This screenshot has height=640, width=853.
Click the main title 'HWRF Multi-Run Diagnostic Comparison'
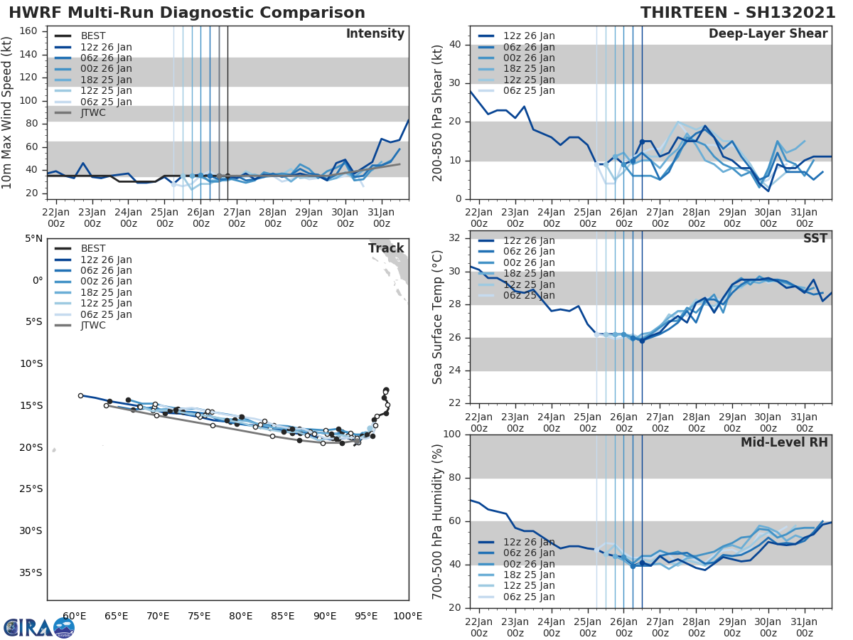coord(187,13)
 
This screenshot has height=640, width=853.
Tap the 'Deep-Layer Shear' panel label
coord(768,34)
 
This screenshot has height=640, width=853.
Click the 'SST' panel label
coord(815,239)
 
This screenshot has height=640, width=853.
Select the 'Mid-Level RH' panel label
coord(784,443)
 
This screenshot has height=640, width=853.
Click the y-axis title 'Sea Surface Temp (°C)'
coord(438,316)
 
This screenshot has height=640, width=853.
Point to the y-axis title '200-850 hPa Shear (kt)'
coord(438,112)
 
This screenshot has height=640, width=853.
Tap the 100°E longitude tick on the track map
coord(408,616)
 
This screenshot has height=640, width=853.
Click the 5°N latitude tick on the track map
coord(33,238)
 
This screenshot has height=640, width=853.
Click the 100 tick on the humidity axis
coord(452,434)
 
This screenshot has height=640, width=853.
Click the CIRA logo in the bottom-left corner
coord(38,627)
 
